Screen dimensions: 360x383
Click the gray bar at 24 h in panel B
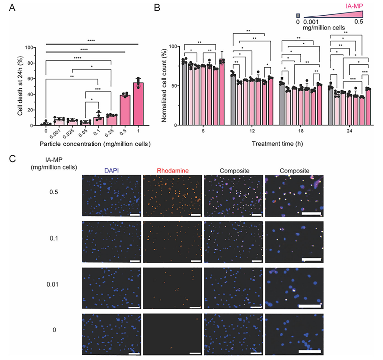point(330,106)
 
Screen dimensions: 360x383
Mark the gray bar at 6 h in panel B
point(184,94)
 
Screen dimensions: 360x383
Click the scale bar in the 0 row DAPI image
point(135,354)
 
